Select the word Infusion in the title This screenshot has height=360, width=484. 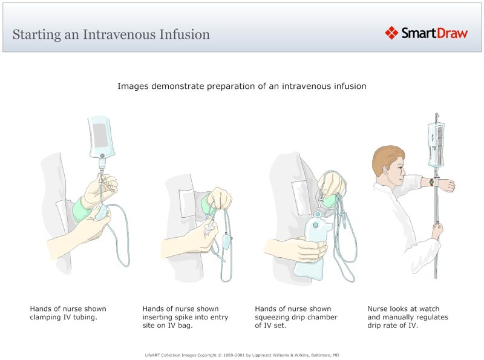(185, 34)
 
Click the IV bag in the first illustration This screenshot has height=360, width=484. (100, 134)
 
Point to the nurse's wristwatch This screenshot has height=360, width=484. (431, 182)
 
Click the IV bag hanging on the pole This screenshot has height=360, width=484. (437, 145)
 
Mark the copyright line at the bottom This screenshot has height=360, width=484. (242, 355)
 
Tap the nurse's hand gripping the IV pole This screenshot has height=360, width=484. (437, 231)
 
